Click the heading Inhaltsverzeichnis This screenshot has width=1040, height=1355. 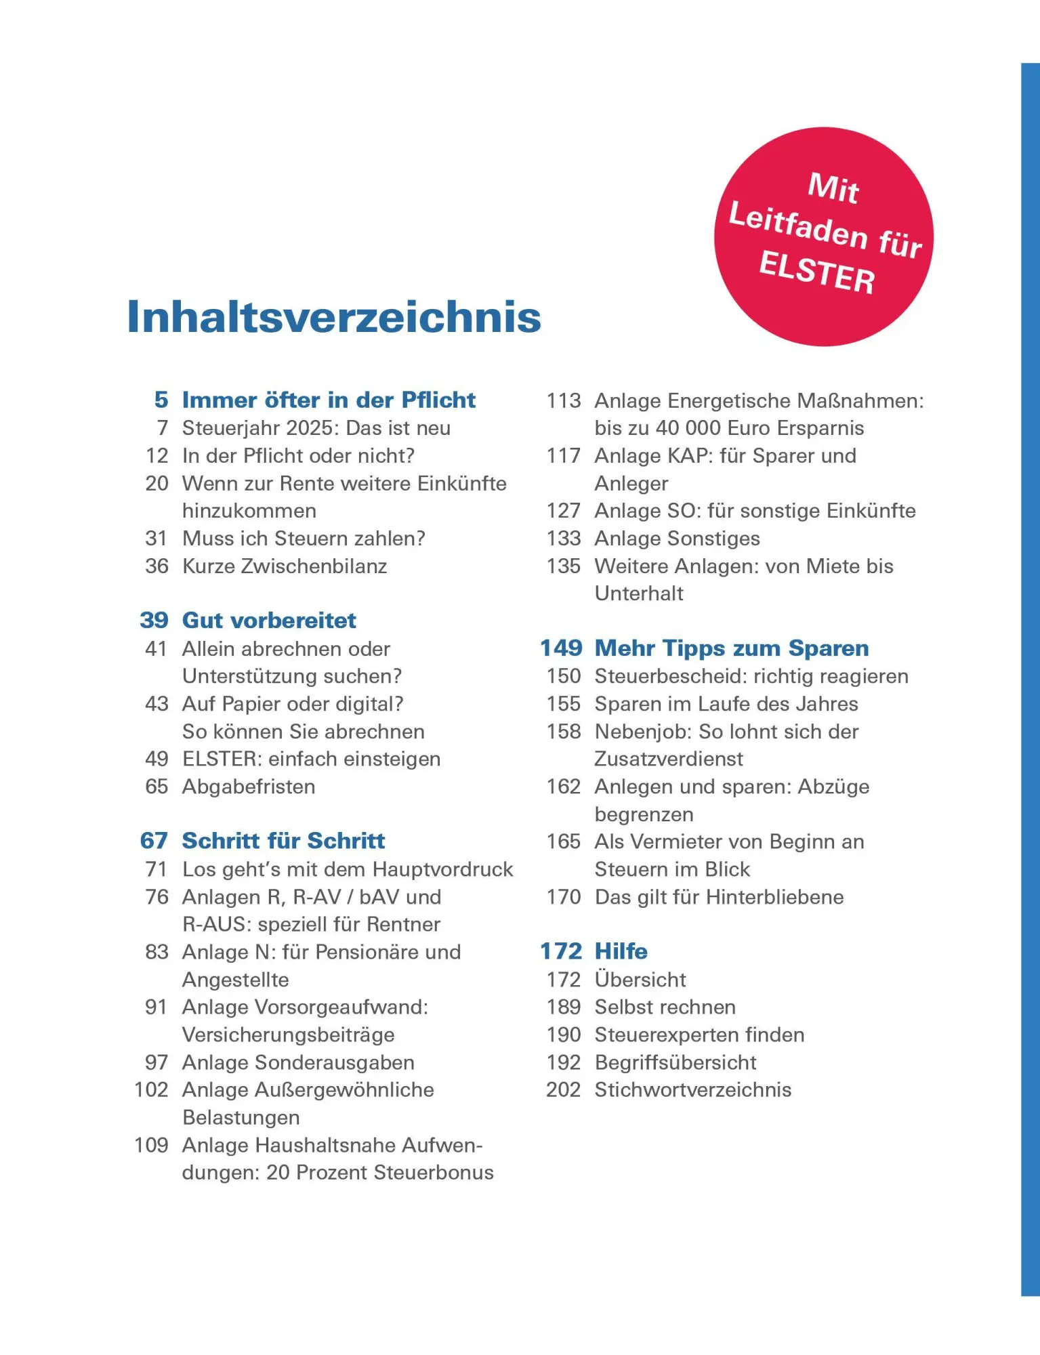[x=334, y=317]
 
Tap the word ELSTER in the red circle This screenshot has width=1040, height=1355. [x=817, y=272]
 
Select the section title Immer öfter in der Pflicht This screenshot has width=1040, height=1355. [x=329, y=400]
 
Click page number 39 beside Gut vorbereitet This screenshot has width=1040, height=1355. [x=154, y=620]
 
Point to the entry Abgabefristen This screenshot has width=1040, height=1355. [x=249, y=787]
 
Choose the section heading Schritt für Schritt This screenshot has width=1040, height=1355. [x=283, y=841]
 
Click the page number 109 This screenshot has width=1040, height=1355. [x=151, y=1145]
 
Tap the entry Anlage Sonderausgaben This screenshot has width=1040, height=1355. [x=298, y=1062]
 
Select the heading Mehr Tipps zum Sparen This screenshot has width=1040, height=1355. [x=732, y=648]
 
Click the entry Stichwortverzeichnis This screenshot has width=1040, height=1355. [x=692, y=1089]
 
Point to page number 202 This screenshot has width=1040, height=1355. [x=564, y=1089]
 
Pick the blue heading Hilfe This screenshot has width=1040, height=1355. [x=621, y=951]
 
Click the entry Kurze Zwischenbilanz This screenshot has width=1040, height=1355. [x=285, y=566]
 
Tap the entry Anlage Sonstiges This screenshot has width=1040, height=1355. [x=677, y=538]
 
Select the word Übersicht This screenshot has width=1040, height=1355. [x=640, y=979]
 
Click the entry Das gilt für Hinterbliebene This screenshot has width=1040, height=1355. [x=719, y=897]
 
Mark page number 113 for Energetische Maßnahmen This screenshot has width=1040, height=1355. [x=564, y=400]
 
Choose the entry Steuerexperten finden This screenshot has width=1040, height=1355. [x=699, y=1035]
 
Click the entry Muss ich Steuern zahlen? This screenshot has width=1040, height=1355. [x=304, y=538]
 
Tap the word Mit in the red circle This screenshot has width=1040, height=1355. [x=833, y=188]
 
